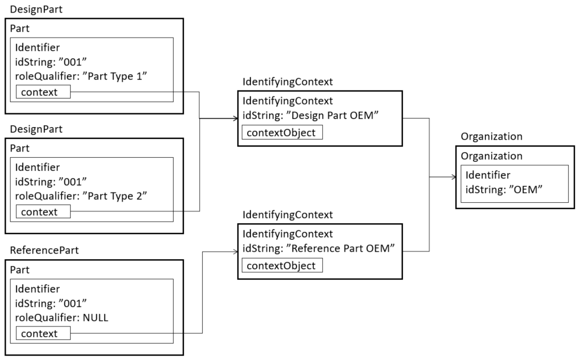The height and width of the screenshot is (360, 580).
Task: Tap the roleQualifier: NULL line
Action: click(x=61, y=318)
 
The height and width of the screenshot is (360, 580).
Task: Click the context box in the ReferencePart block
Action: click(x=43, y=333)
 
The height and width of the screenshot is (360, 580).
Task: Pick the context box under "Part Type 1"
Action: click(x=43, y=92)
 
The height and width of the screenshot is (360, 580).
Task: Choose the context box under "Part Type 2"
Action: click(x=43, y=212)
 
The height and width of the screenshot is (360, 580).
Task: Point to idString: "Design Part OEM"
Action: click(x=311, y=115)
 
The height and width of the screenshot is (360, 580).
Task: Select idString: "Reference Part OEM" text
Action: click(x=319, y=248)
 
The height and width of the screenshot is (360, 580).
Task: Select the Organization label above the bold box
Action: click(x=491, y=137)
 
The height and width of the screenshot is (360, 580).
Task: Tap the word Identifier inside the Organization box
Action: click(x=488, y=175)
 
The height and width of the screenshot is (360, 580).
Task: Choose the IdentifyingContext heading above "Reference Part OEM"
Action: click(x=287, y=215)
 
